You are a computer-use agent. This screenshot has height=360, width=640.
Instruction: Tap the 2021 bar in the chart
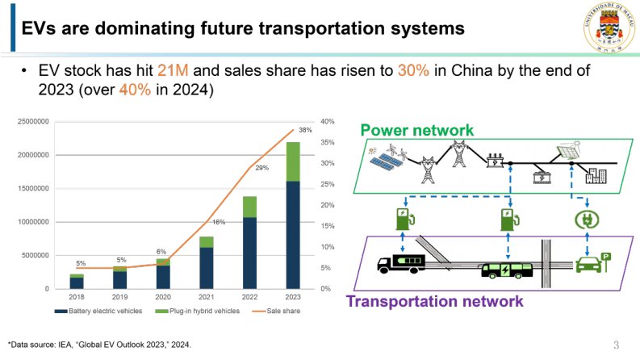click(207, 263)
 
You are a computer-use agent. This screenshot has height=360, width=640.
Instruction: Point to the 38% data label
click(305, 130)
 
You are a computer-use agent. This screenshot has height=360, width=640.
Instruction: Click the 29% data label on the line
click(261, 168)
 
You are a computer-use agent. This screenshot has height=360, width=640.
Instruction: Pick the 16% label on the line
click(218, 222)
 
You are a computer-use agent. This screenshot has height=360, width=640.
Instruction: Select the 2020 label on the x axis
click(163, 297)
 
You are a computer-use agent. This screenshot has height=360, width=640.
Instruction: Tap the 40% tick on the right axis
click(328, 122)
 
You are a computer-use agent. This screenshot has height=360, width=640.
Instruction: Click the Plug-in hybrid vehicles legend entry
click(199, 312)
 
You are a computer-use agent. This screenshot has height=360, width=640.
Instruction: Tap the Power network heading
click(416, 130)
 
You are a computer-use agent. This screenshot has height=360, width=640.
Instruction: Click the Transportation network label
click(434, 302)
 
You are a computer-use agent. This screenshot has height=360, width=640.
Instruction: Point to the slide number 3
click(617, 345)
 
